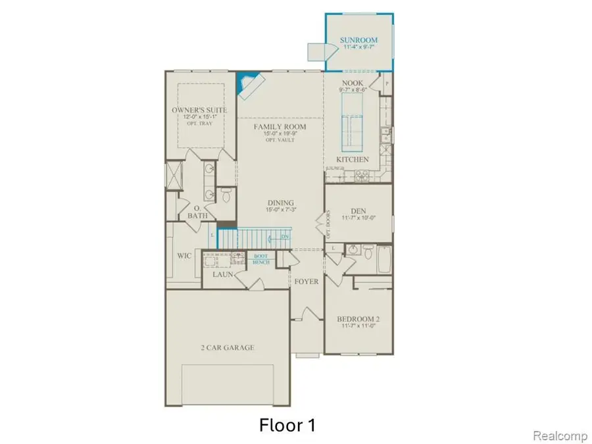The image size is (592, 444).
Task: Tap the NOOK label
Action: pyautogui.click(x=351, y=84)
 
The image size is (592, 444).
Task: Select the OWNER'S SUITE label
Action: pyautogui.click(x=199, y=109)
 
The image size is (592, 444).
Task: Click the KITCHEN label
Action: pyautogui.click(x=353, y=160)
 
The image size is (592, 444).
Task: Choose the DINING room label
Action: pyautogui.click(x=280, y=203)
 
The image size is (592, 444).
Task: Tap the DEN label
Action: pyautogui.click(x=358, y=211)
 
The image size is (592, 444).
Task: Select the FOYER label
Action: pyautogui.click(x=307, y=282)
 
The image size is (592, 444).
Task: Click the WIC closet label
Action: pyautogui.click(x=184, y=256)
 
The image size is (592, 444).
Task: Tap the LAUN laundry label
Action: pyautogui.click(x=222, y=274)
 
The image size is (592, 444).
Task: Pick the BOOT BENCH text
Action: pyautogui.click(x=262, y=259)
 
